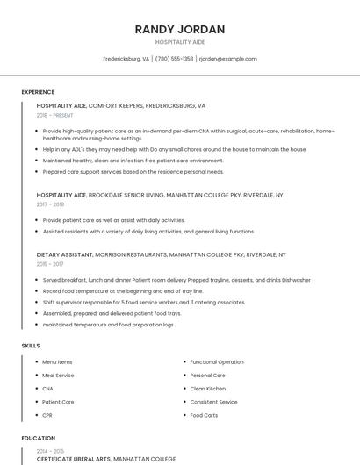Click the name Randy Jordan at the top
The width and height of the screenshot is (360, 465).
pos(180,29)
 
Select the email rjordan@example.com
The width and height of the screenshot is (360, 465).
pos(227,59)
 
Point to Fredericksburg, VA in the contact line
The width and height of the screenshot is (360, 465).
pos(126,59)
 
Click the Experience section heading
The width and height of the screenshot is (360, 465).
pos(38,92)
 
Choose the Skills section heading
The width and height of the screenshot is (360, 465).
pos(31,346)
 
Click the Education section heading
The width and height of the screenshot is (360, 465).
pos(38,438)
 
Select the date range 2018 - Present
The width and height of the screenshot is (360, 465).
pos(54,115)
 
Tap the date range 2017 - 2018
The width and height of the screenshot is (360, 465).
pos(50,204)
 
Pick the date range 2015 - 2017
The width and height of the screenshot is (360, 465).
pos(50,264)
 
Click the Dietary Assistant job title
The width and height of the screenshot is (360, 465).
pos(64,254)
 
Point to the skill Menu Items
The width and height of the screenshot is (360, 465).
pos(57,362)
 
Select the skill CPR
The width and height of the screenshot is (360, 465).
pos(47,415)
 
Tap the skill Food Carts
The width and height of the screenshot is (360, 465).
pos(204,415)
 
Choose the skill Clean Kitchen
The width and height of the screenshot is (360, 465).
pos(207,389)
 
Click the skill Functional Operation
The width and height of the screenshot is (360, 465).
pos(217,362)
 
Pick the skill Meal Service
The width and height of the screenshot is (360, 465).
pos(58,376)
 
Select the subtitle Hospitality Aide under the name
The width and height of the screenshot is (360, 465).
pos(180,41)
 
